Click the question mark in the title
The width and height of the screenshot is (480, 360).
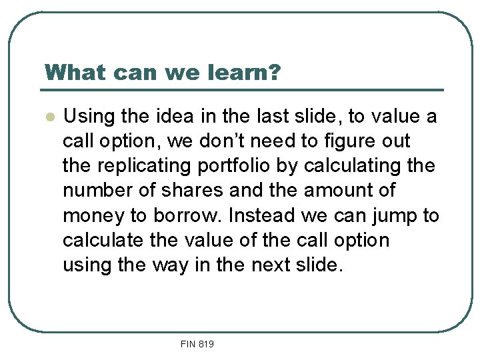tap(274, 72)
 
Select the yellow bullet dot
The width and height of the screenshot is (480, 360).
tap(48, 117)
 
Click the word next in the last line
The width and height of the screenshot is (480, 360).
tap(271, 265)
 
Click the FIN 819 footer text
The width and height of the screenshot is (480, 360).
tap(197, 344)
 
